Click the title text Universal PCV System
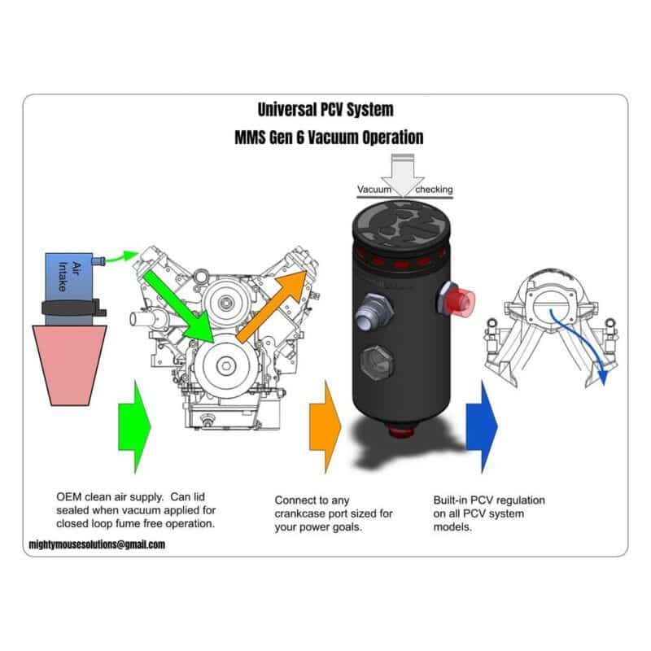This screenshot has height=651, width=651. pyautogui.click(x=325, y=109)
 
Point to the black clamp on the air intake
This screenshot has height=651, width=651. pyautogui.click(x=72, y=309)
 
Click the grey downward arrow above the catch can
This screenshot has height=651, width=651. pyautogui.click(x=404, y=173)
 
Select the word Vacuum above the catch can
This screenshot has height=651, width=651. pyautogui.click(x=375, y=190)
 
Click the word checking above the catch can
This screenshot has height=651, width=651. pyautogui.click(x=434, y=190)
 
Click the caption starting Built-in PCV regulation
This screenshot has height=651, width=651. pyautogui.click(x=489, y=513)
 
